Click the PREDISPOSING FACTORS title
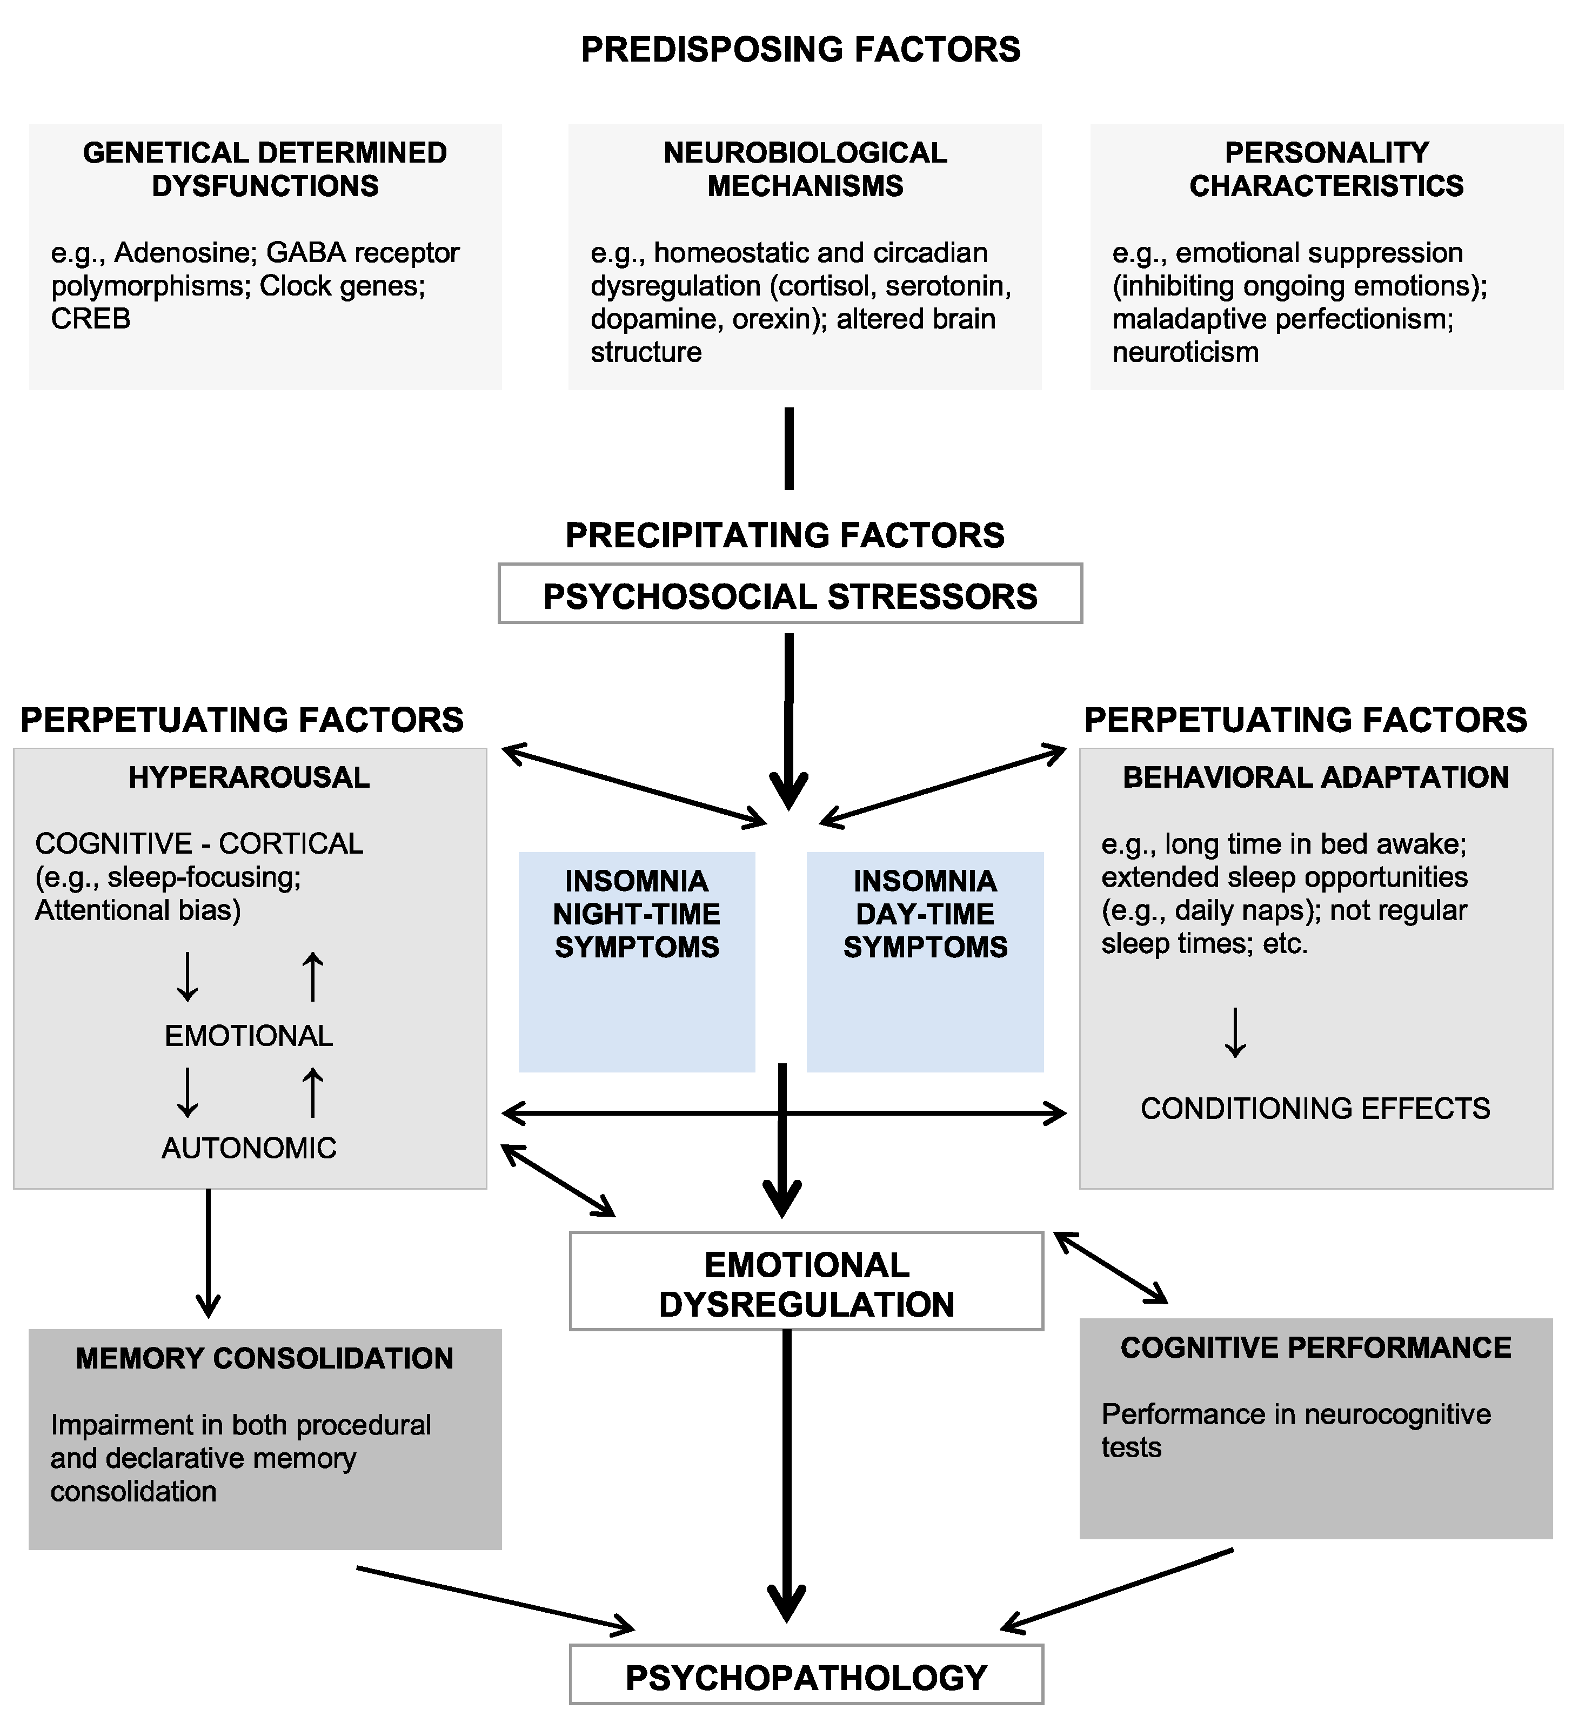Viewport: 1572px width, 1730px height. click(x=800, y=50)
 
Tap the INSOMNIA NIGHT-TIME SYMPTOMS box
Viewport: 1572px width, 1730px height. click(x=637, y=961)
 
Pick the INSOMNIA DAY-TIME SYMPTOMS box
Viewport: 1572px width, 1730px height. click(x=925, y=961)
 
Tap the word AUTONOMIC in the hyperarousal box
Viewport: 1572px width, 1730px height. click(x=249, y=1148)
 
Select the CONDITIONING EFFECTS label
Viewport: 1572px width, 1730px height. click(x=1315, y=1109)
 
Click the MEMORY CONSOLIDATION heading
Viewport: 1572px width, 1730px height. click(x=264, y=1358)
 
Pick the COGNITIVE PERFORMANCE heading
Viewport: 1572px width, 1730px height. click(x=1315, y=1347)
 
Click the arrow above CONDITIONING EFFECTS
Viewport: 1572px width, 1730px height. click(x=1235, y=1032)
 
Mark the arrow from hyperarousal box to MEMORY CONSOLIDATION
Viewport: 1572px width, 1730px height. click(x=208, y=1253)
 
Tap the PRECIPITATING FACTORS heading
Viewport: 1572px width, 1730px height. click(x=784, y=535)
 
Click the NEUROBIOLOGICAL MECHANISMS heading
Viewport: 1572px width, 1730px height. click(x=805, y=169)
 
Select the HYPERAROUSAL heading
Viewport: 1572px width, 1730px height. click(x=249, y=777)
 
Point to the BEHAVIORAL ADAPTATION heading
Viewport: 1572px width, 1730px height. click(x=1315, y=777)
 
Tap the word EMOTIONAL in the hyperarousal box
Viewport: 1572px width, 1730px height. click(x=249, y=1037)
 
